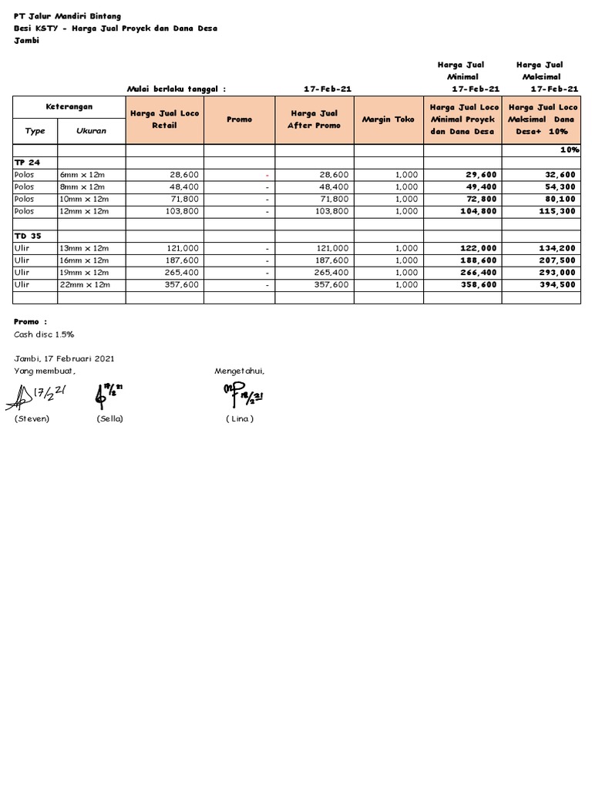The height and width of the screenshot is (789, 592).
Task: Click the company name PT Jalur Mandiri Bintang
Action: (68, 16)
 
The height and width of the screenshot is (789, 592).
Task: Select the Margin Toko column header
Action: (388, 119)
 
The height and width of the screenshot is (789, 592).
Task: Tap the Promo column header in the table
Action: (240, 119)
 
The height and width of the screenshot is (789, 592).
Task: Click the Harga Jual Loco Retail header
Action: (164, 119)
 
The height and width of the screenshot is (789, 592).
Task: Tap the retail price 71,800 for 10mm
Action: (184, 199)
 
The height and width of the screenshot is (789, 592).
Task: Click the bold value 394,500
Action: (559, 285)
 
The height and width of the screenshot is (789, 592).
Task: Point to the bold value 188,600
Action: (479, 260)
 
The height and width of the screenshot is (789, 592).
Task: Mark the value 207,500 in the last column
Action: (559, 260)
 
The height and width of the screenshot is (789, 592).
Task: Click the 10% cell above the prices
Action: (570, 149)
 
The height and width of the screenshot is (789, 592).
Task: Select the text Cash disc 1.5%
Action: (44, 334)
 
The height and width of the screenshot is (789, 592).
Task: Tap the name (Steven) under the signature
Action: (32, 418)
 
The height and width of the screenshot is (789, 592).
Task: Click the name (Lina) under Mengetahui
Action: (240, 418)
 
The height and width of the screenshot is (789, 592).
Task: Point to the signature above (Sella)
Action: (109, 394)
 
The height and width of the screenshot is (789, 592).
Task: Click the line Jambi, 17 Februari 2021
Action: (65, 358)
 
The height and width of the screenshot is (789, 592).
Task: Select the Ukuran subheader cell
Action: (91, 131)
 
